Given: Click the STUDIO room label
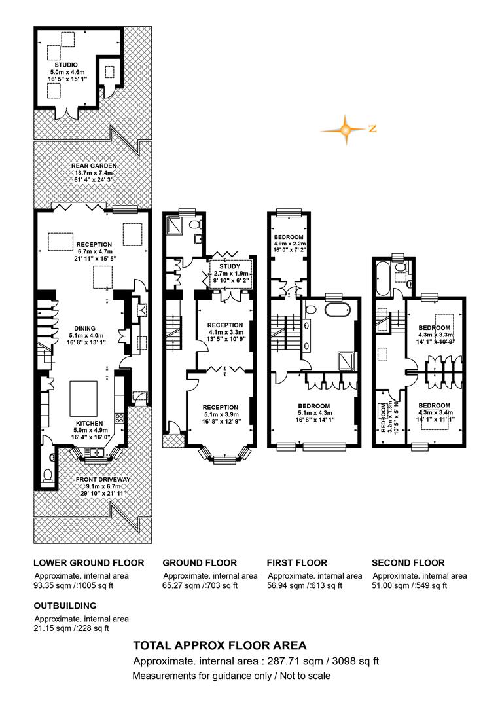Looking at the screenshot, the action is coord(66,65).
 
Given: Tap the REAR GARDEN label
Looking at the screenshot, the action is coord(94,166).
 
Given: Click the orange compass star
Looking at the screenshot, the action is coord(346,130).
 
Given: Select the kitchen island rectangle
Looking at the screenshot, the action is coord(83,399).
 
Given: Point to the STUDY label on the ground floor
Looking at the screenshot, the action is coord(230,266).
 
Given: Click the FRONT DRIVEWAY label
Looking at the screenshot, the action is coord(103,479).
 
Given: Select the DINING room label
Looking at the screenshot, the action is coord(82,328).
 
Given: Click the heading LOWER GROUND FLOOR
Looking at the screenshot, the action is coord(89,563).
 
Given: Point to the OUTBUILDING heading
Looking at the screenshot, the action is coord(65,606).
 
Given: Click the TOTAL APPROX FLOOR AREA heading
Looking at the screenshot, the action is coord(219,645).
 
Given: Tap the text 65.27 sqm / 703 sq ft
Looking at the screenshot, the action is coord(200,585).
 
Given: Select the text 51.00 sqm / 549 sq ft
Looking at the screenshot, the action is coord(410,585).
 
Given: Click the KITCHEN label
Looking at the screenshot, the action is coord(89,424).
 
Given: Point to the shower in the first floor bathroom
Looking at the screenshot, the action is coord(347,361).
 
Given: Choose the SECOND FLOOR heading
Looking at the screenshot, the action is coord(408,563).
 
